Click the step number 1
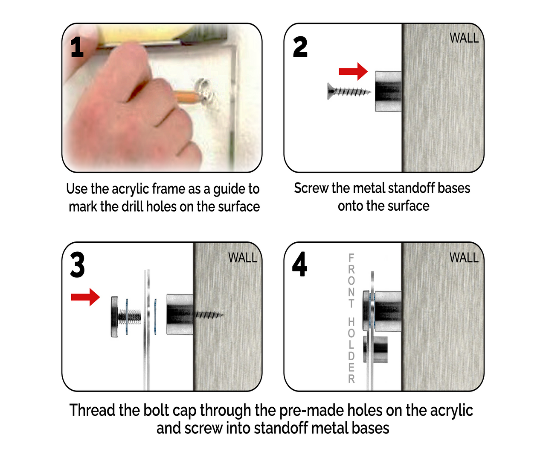tap(77, 47)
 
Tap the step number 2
tap(300, 47)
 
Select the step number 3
tap(77, 265)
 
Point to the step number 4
tap(300, 264)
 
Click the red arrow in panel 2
tap(353, 71)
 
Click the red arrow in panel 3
tap(85, 297)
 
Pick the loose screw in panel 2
tap(349, 91)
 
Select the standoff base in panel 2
tap(388, 91)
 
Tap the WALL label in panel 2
tap(464, 38)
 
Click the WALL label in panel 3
tap(243, 258)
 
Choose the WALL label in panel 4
tap(464, 258)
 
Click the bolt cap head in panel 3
tap(114, 317)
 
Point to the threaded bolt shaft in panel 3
tap(130, 317)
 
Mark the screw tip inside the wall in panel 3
tap(224, 315)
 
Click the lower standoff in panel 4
tap(375, 350)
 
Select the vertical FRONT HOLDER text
tap(351, 318)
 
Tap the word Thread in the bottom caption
tap(92, 410)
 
